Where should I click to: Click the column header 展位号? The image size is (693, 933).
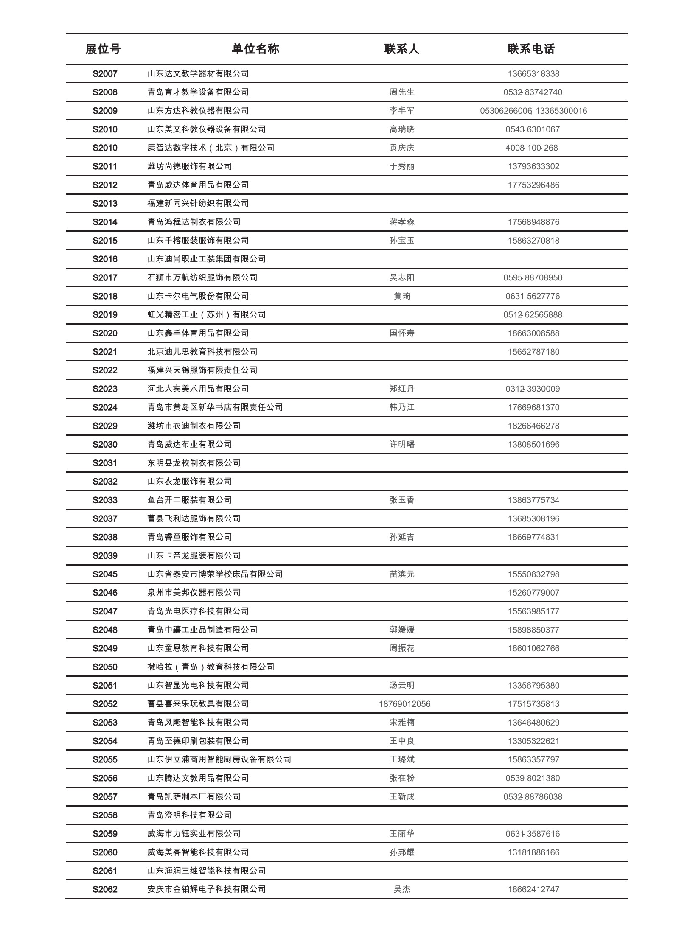103,49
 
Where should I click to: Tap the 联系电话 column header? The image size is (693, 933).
531,49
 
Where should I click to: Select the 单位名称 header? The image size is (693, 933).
255,49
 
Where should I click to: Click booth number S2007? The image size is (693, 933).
105,74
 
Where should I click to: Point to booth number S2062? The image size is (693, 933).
105,889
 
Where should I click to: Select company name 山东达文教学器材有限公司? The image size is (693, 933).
198,74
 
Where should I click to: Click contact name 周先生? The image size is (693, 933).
402,92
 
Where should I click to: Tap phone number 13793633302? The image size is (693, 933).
533,166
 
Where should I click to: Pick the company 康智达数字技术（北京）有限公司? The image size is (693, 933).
211,148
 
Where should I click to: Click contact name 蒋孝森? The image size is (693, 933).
402,222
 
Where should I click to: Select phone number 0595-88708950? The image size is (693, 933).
533,277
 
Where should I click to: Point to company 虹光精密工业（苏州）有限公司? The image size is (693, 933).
207,315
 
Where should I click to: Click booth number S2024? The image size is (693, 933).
105,407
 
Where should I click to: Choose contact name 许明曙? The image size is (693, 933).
402,445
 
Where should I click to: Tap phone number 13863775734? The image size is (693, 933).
533,500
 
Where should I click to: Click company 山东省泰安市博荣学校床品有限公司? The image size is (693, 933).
215,574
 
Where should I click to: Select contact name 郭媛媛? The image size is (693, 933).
402,630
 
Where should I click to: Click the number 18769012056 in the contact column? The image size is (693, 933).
404,704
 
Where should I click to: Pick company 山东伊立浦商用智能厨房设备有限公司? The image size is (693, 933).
219,759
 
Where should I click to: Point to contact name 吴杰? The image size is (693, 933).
402,889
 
